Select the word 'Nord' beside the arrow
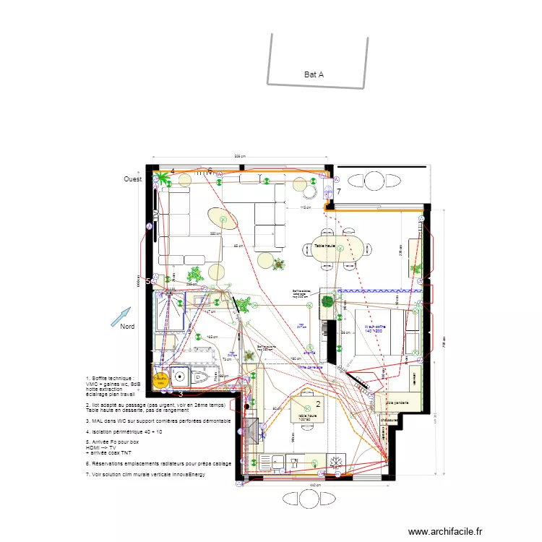(x=127, y=327)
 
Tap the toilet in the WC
(x=203, y=377)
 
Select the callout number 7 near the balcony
(x=338, y=192)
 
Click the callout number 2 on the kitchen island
(x=318, y=405)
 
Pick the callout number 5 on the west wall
(x=148, y=281)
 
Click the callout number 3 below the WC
(x=180, y=394)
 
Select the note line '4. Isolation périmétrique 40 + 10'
(x=124, y=431)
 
